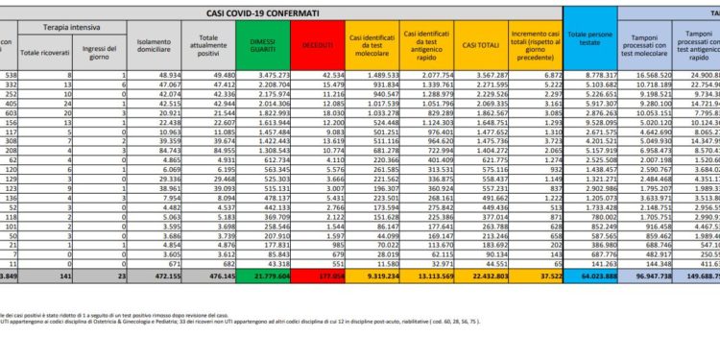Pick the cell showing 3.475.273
(x=274, y=74)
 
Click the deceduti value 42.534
(x=329, y=74)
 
